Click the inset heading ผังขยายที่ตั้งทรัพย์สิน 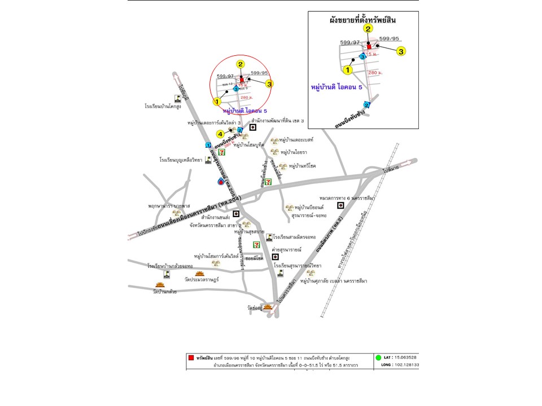[x=363, y=20]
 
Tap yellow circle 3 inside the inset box [x=401, y=51]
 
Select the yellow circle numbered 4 [x=221, y=134]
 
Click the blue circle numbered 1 [x=208, y=145]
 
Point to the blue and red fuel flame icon [x=220, y=182]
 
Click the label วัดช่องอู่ [x=255, y=308]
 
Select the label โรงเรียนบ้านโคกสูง [x=163, y=106]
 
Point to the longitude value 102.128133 [x=406, y=365]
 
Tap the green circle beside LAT [x=377, y=358]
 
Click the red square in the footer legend [x=191, y=358]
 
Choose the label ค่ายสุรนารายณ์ [x=287, y=249]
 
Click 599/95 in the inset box [x=389, y=39]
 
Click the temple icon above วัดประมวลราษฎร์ [x=199, y=273]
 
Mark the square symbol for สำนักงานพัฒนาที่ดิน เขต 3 [x=253, y=127]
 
